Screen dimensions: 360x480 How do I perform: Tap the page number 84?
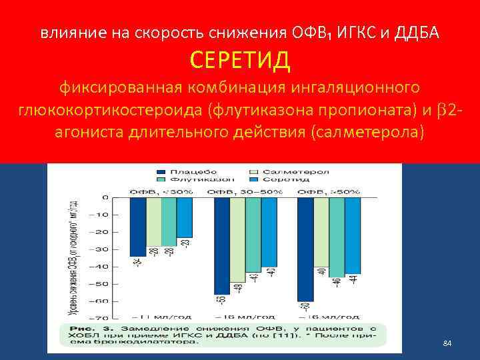tap(447, 343)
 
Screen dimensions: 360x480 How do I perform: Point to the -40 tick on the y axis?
tap(101, 266)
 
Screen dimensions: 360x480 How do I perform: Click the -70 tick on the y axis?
tap(101, 318)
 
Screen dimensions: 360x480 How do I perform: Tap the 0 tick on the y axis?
tap(105, 197)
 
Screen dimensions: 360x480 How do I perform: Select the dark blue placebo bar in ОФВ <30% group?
tap(138, 227)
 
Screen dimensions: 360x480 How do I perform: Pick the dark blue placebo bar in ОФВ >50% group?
tap(305, 249)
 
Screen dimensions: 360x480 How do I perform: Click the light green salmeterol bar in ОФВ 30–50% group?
tap(237, 239)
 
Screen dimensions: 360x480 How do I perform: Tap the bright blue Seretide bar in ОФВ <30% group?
tap(185, 217)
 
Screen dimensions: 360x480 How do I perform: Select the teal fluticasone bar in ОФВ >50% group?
tap(337, 237)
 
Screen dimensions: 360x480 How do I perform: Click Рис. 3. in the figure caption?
tap(85, 329)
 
